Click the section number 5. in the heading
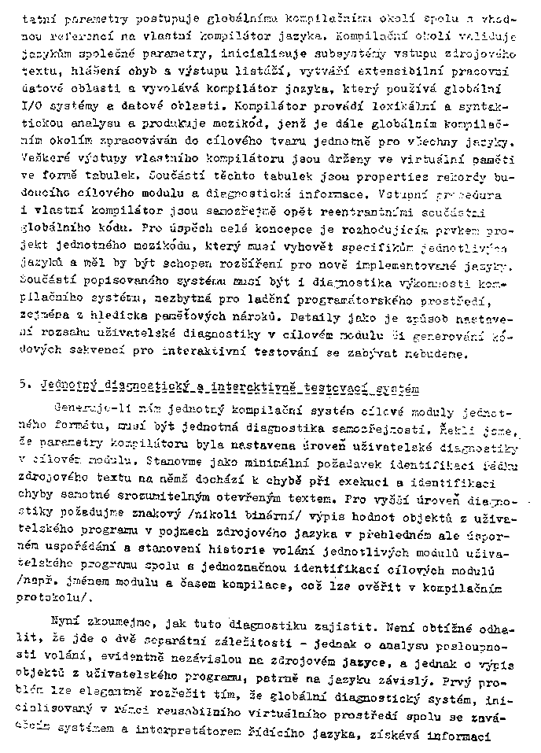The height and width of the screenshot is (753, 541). coord(26,388)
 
